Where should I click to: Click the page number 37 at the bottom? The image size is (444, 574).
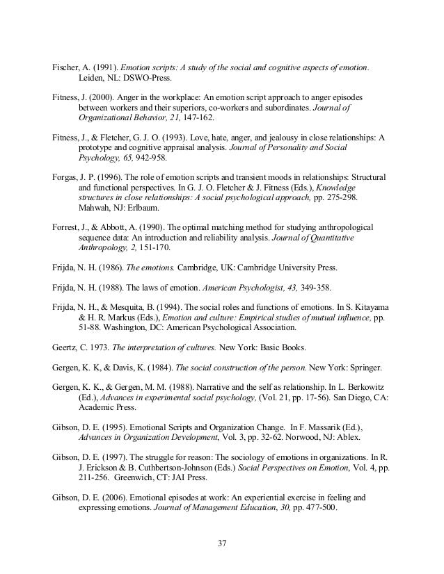[222, 543]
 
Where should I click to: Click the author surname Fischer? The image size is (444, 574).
[68, 67]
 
